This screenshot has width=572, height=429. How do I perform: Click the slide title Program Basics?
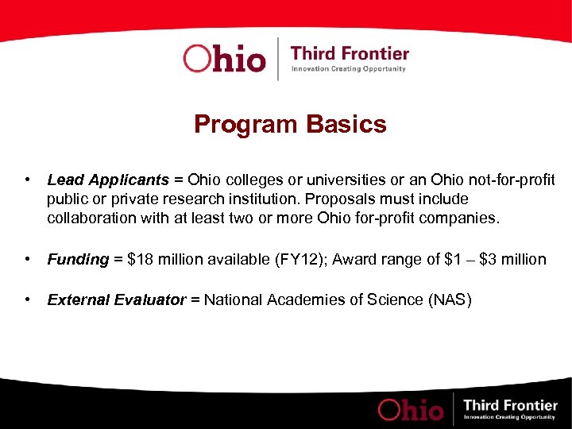[290, 125]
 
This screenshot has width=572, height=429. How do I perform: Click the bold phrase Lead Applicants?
[108, 181]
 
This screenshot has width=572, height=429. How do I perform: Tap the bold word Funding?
[78, 259]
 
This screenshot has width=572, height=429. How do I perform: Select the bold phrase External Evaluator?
[117, 300]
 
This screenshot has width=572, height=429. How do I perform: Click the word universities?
[319, 181]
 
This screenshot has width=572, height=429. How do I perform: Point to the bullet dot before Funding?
[29, 259]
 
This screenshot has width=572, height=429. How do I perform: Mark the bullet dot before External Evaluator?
[29, 300]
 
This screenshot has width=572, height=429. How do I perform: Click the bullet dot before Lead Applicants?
[29, 181]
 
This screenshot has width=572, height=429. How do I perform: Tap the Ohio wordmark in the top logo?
[224, 59]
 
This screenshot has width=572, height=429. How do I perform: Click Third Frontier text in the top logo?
[350, 54]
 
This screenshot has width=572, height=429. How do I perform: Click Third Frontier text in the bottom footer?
[511, 405]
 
